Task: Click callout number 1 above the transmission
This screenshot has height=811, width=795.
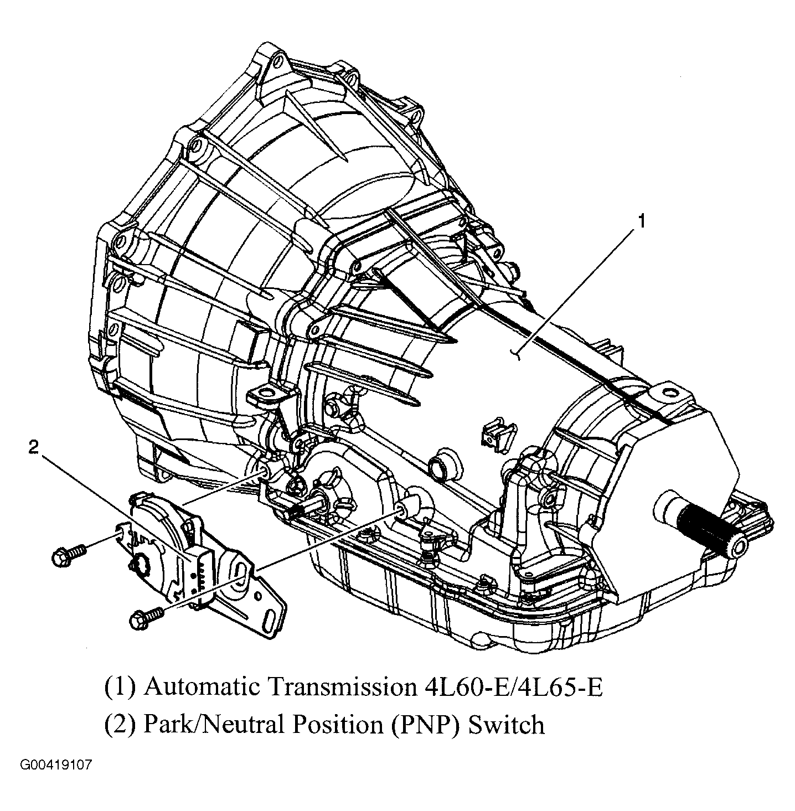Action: point(641,222)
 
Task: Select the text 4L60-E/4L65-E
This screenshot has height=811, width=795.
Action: point(508,687)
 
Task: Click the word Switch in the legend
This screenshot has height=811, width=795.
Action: point(507,725)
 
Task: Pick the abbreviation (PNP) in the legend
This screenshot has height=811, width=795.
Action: point(424,725)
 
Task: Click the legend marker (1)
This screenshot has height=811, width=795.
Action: point(120,687)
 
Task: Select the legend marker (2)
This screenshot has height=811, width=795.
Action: point(120,725)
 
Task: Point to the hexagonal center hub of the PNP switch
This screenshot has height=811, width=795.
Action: point(142,565)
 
